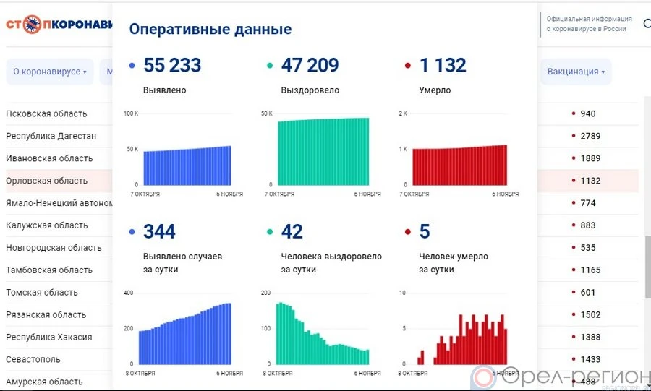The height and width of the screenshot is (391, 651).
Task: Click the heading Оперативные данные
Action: point(210,29)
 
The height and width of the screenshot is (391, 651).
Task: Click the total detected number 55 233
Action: point(172,65)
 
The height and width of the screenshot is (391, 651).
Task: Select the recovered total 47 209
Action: point(310,65)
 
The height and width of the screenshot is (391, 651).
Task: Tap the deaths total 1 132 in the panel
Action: point(443,65)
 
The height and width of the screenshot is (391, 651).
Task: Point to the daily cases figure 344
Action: point(159,231)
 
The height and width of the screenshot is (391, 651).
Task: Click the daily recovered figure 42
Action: point(292,231)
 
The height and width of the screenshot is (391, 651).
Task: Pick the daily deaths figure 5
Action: point(425,231)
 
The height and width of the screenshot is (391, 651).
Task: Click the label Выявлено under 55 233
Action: point(165,90)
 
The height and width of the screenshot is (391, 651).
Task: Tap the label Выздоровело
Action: point(310,90)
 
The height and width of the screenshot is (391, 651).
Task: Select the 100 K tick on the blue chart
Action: point(131,113)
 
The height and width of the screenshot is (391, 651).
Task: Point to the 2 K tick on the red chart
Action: point(403,113)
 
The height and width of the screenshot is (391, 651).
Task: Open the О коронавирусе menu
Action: point(49,72)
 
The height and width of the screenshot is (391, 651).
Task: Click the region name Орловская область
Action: point(46,181)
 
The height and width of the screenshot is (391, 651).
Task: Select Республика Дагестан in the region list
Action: point(51,136)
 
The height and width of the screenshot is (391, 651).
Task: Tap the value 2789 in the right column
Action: point(590,136)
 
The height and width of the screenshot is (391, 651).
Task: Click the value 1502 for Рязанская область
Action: point(590,314)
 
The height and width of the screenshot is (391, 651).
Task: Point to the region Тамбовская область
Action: point(49,270)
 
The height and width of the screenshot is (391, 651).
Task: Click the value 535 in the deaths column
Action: point(587,248)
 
